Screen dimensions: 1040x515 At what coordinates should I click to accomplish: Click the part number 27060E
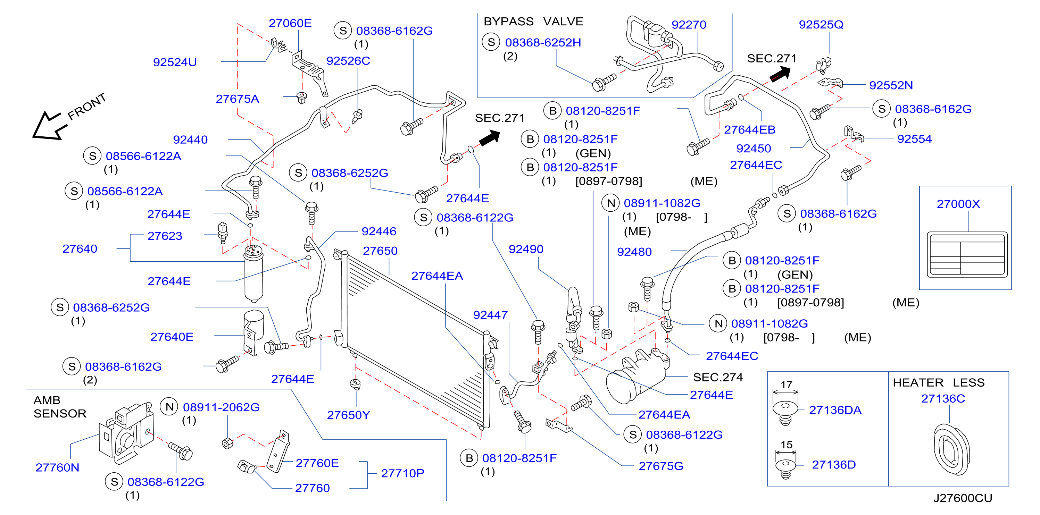pos(290,23)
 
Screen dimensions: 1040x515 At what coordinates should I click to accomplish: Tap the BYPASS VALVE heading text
pos(533,22)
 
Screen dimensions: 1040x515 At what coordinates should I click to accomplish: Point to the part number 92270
pos(688,25)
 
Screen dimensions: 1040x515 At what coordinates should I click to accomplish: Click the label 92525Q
pos(821,25)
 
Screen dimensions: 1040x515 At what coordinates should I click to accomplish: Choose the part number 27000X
pos(958,204)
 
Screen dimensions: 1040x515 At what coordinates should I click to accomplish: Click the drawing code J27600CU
pos(963,498)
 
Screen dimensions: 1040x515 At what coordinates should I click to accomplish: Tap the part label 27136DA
pos(835,410)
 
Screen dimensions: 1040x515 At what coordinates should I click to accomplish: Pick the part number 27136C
pos(943,399)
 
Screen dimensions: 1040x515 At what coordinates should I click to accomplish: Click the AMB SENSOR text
pos(60,407)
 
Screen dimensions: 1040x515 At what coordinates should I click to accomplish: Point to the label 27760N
pos(57,467)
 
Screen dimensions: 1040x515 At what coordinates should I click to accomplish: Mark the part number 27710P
pos(402,473)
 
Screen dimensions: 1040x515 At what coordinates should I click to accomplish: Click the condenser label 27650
pos(380,251)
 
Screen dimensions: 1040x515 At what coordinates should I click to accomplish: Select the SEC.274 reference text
pos(717,377)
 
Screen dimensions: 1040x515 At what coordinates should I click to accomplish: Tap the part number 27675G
pos(660,466)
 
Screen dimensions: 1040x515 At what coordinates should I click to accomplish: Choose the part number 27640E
pos(172,337)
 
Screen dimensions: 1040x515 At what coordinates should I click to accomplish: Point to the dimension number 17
pos(786,385)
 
